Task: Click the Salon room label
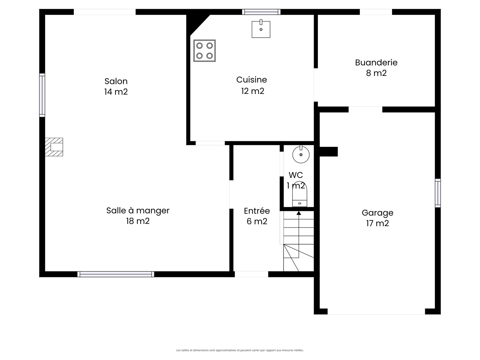click(116, 81)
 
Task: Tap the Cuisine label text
click(251, 80)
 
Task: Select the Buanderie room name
click(376, 63)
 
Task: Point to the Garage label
click(377, 213)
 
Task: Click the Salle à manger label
click(138, 211)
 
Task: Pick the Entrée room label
click(257, 211)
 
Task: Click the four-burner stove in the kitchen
click(204, 51)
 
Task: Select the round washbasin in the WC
click(301, 154)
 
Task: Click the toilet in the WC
click(300, 194)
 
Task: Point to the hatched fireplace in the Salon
click(54, 147)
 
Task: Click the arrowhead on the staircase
click(299, 213)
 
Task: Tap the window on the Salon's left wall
click(42, 95)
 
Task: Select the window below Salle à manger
click(116, 274)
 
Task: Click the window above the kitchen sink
click(261, 12)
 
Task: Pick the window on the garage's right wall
click(438, 193)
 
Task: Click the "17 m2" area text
click(377, 223)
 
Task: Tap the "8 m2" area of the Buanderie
click(376, 73)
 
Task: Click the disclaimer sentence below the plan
click(240, 350)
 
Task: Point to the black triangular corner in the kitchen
click(194, 22)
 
